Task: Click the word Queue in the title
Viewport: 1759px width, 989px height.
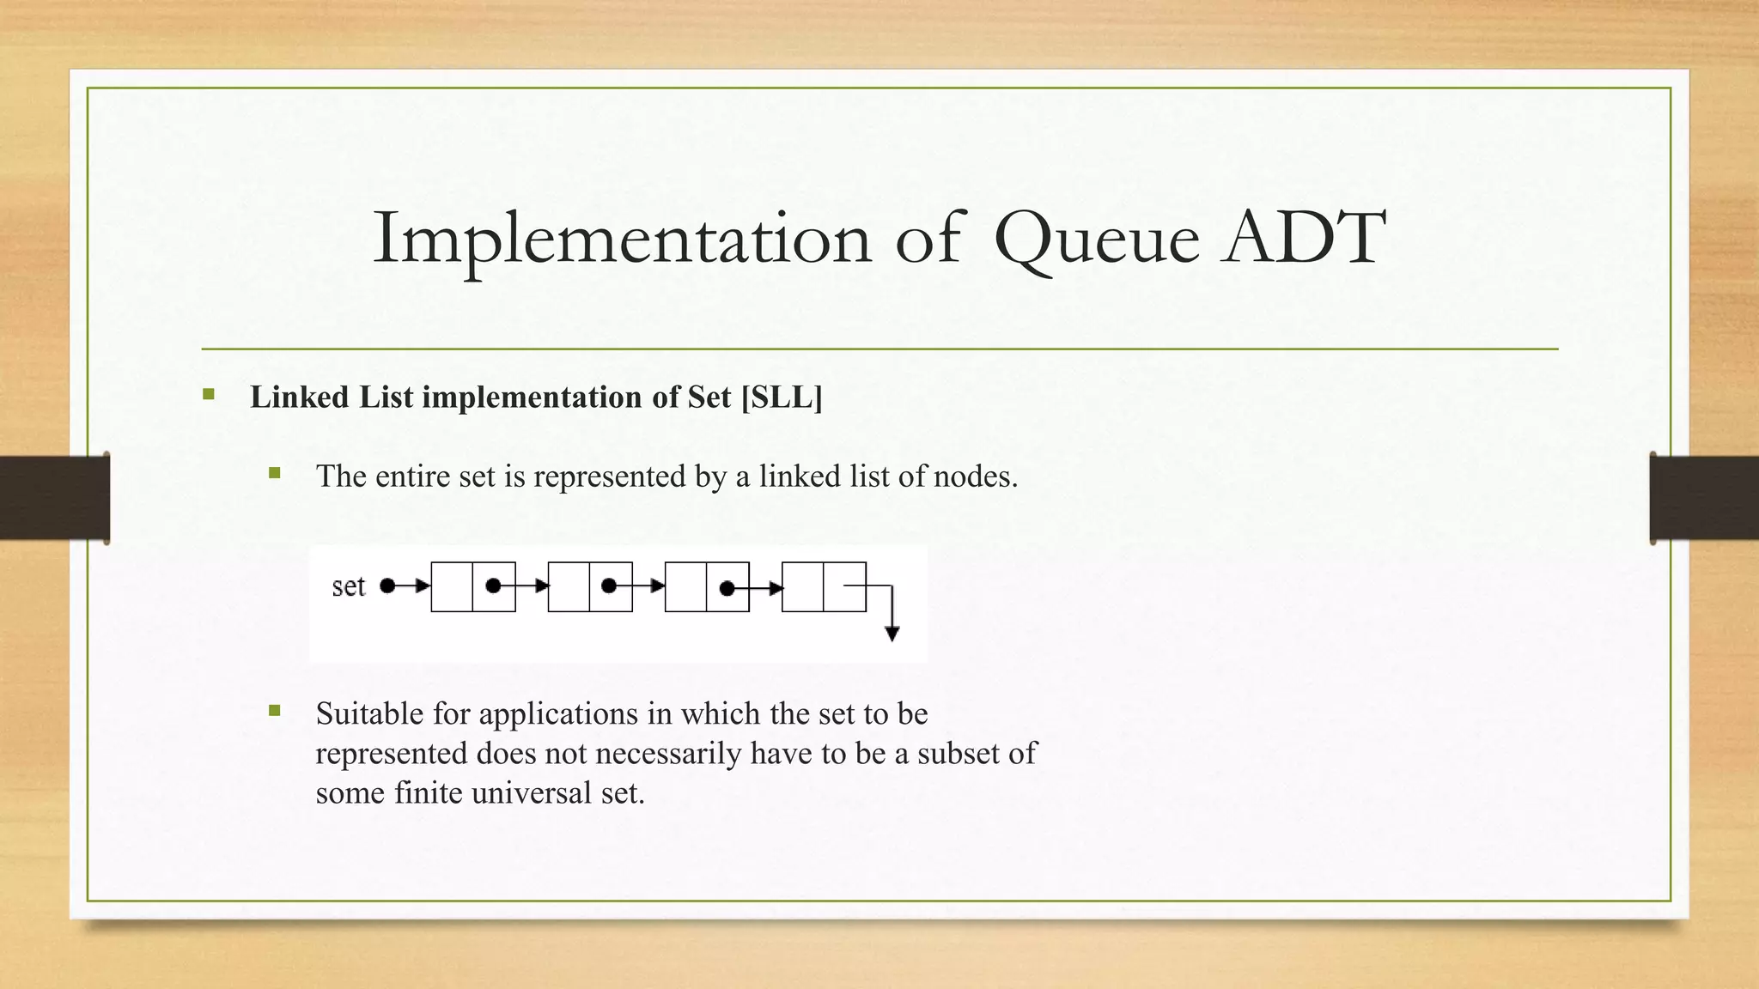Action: (1096, 239)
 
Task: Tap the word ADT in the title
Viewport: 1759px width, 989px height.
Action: (1305, 237)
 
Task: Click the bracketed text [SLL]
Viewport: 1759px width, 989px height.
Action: (781, 397)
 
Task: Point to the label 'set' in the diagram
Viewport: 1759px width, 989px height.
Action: (349, 587)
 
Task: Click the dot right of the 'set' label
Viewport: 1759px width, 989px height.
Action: (387, 586)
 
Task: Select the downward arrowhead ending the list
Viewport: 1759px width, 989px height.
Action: (892, 634)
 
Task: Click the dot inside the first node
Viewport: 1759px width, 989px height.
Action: (493, 586)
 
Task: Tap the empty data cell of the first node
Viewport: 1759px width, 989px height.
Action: (452, 587)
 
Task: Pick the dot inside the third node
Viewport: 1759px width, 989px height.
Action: (727, 588)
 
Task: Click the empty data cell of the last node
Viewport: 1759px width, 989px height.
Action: (802, 587)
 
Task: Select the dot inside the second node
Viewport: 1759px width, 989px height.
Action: (609, 586)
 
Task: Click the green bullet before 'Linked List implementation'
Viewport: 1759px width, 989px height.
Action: (209, 395)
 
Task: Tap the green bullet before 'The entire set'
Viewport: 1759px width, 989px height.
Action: (275, 473)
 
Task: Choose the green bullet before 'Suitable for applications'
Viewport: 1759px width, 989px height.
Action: (275, 710)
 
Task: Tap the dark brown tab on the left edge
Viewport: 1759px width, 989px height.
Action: (54, 498)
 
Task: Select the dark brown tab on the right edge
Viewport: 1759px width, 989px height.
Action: (1704, 498)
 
